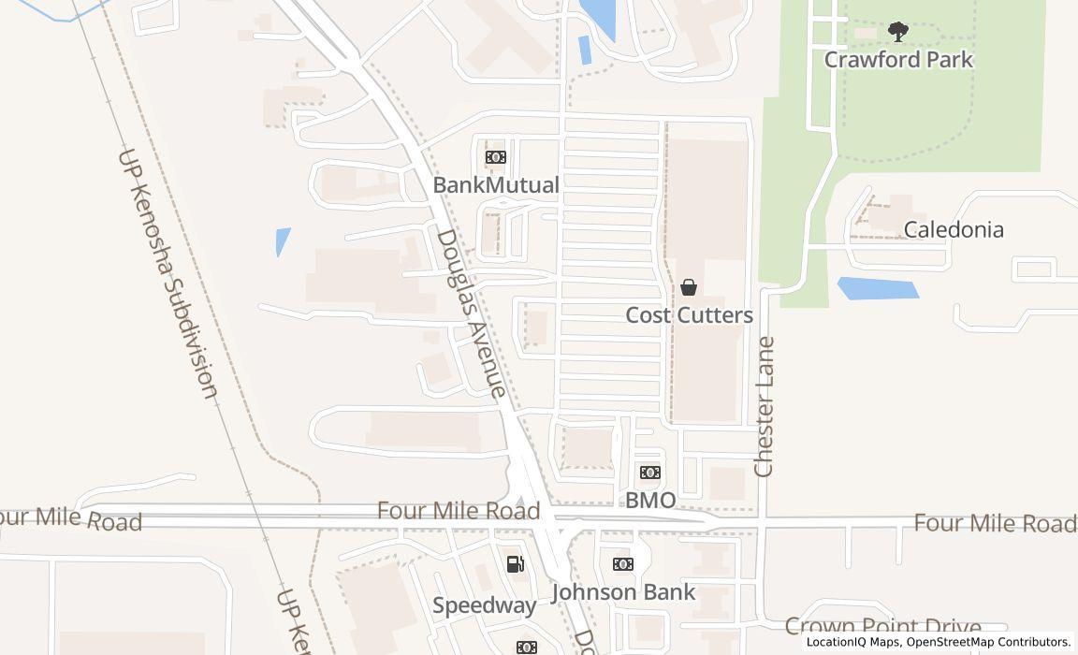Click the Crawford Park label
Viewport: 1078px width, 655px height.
[x=898, y=60]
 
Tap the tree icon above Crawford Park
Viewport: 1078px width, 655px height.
[x=898, y=33]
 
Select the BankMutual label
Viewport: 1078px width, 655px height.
[x=495, y=185]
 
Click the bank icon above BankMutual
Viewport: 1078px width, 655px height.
[x=495, y=157]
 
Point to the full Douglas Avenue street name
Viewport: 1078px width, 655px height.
[x=473, y=313]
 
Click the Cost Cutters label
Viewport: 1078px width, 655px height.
[x=689, y=315]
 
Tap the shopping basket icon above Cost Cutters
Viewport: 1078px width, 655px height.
[x=689, y=287]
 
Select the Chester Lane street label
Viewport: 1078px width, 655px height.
[x=765, y=406]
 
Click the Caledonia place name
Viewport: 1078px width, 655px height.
[x=954, y=229]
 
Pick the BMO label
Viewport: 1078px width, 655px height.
[x=649, y=501]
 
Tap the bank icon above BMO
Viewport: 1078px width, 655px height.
[x=649, y=473]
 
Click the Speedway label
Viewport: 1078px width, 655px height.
[x=485, y=605]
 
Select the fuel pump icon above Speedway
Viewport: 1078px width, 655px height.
[x=515, y=563]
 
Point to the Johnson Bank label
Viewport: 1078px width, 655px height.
[x=623, y=592]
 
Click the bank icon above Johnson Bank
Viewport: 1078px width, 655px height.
[x=623, y=564]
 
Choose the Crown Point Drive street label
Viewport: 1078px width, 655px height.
[x=882, y=626]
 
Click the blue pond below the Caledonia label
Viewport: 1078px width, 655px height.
[x=878, y=288]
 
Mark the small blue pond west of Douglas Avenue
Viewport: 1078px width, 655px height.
[x=283, y=241]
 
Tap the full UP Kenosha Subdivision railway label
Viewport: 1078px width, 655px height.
[x=168, y=273]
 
